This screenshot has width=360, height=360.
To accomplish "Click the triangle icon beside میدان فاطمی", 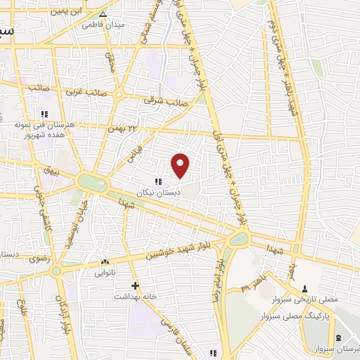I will tap(103, 14).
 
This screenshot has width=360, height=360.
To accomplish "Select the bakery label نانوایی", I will tap(106, 270).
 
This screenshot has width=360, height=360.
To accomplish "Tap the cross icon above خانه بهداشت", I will tap(135, 286).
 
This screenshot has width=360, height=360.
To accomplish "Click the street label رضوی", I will tap(39, 258).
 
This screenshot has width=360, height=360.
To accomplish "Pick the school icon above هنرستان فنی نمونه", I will tap(44, 114).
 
